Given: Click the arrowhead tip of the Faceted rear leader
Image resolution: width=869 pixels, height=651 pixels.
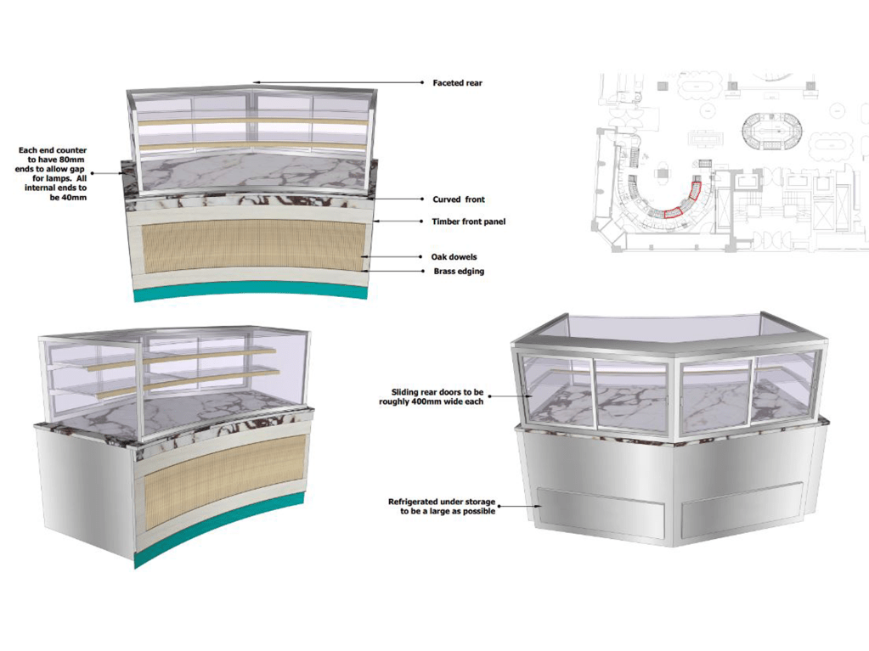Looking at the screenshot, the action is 254,82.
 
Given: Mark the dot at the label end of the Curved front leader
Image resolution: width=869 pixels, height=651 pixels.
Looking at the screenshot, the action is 422,199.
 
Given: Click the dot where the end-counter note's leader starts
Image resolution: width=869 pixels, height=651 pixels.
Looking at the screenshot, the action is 92,173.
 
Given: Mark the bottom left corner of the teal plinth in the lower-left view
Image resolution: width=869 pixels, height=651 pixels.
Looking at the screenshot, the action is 135,569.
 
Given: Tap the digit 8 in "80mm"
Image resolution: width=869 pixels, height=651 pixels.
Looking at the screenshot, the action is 61,160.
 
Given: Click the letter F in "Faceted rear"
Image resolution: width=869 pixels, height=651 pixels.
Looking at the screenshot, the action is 436,83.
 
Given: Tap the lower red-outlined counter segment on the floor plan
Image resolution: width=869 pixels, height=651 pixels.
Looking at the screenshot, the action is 672,212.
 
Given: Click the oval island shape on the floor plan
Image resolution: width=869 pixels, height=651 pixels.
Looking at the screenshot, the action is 772,132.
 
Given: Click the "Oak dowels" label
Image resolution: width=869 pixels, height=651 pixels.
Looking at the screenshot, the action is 454,257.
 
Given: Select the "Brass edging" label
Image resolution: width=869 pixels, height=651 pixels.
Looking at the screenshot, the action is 459,272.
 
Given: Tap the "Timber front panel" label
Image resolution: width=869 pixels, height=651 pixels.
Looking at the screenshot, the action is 469,222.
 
